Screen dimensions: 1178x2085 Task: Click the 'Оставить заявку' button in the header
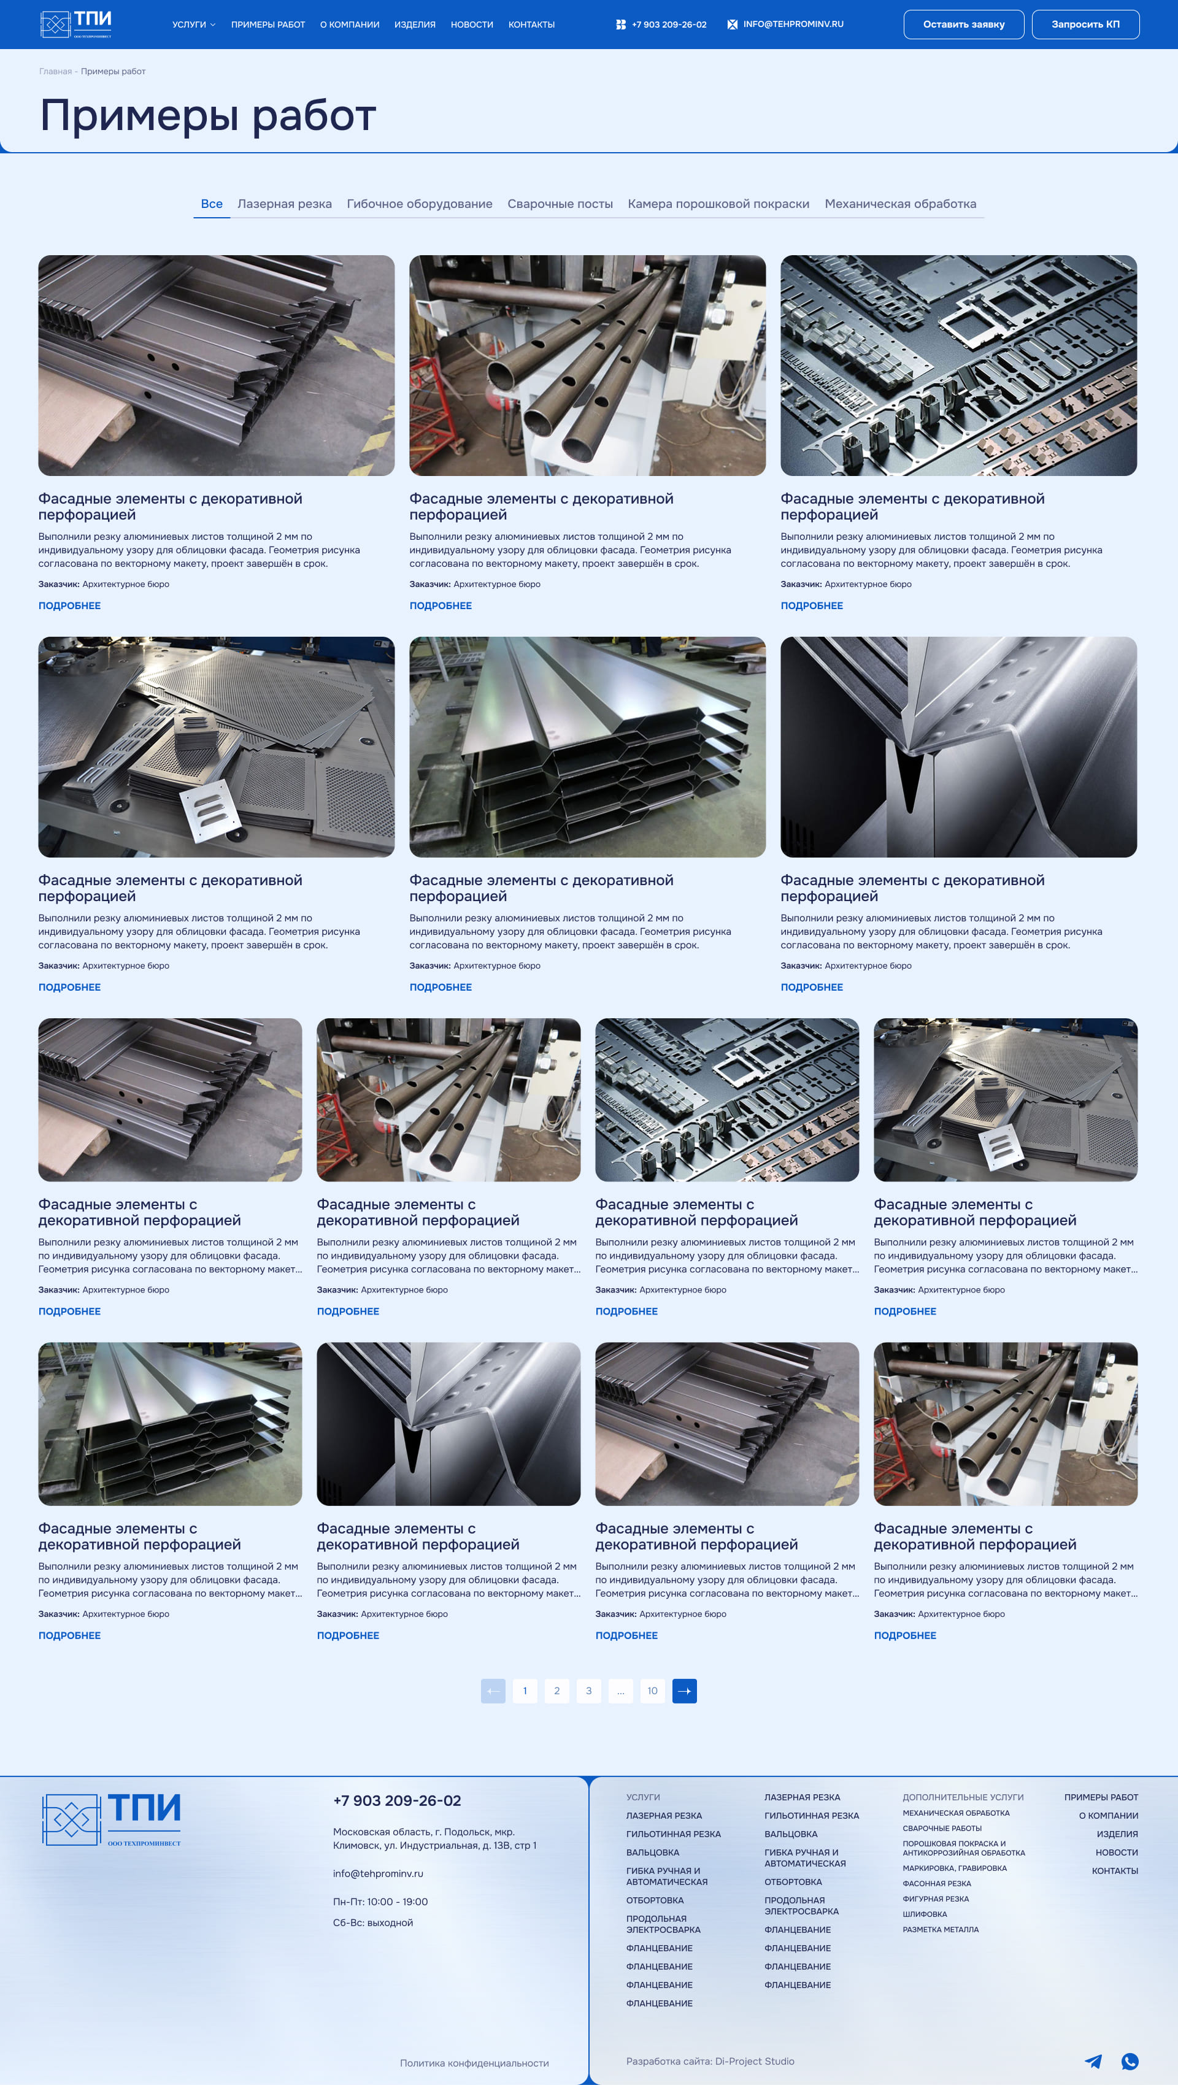[x=963, y=25]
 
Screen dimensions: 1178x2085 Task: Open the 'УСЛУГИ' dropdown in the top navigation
[x=193, y=25]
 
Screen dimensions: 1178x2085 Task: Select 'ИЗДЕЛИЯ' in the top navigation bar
[x=415, y=25]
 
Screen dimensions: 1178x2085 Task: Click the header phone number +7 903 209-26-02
[x=669, y=25]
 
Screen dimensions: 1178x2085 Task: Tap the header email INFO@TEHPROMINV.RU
[x=793, y=25]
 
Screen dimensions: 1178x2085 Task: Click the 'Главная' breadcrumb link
[x=55, y=71]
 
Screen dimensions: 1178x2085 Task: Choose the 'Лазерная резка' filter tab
[x=284, y=204]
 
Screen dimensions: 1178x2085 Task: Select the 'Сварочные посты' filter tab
[x=560, y=204]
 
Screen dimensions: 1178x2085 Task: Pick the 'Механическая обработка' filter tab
[x=900, y=204]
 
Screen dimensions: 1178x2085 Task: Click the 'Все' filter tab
[x=211, y=204]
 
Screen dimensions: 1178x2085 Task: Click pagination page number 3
[x=588, y=1691]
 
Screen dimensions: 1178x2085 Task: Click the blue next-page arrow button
[x=685, y=1691]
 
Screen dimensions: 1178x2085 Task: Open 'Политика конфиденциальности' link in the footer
[x=474, y=2063]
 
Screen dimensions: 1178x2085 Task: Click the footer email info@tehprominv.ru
[x=378, y=1873]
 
